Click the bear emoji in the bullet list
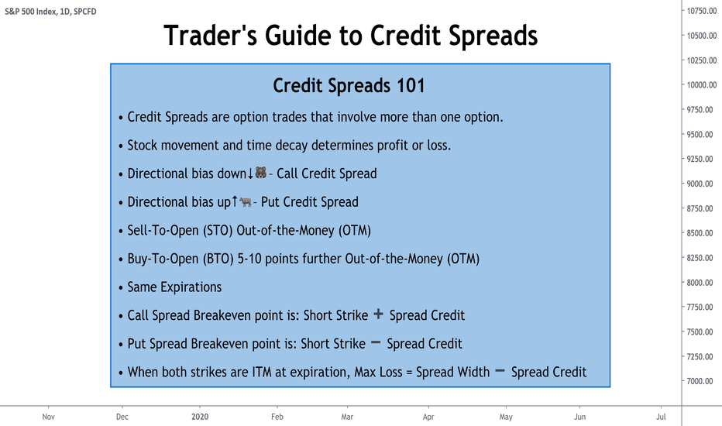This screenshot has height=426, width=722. (x=260, y=173)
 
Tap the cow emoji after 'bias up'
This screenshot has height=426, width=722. (x=246, y=201)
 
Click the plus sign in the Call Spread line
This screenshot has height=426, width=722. (x=379, y=314)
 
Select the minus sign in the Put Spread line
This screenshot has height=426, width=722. (x=376, y=342)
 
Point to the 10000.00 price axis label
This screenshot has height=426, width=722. (x=702, y=84)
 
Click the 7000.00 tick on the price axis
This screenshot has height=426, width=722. (x=700, y=381)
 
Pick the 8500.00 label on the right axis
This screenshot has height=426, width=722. (x=700, y=233)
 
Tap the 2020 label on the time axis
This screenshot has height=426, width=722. (x=200, y=417)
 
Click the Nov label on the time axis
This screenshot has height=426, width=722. (x=48, y=417)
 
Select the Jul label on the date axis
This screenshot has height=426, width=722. (x=661, y=417)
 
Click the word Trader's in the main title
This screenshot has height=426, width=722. (x=211, y=36)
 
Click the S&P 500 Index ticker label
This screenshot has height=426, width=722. (x=31, y=12)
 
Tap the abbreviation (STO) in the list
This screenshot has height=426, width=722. (x=218, y=230)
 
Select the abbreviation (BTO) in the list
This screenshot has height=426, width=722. (x=218, y=259)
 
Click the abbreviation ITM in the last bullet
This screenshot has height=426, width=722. (x=262, y=372)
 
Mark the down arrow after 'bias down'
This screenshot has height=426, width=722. (x=250, y=173)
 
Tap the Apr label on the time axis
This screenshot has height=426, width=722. (x=428, y=417)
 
